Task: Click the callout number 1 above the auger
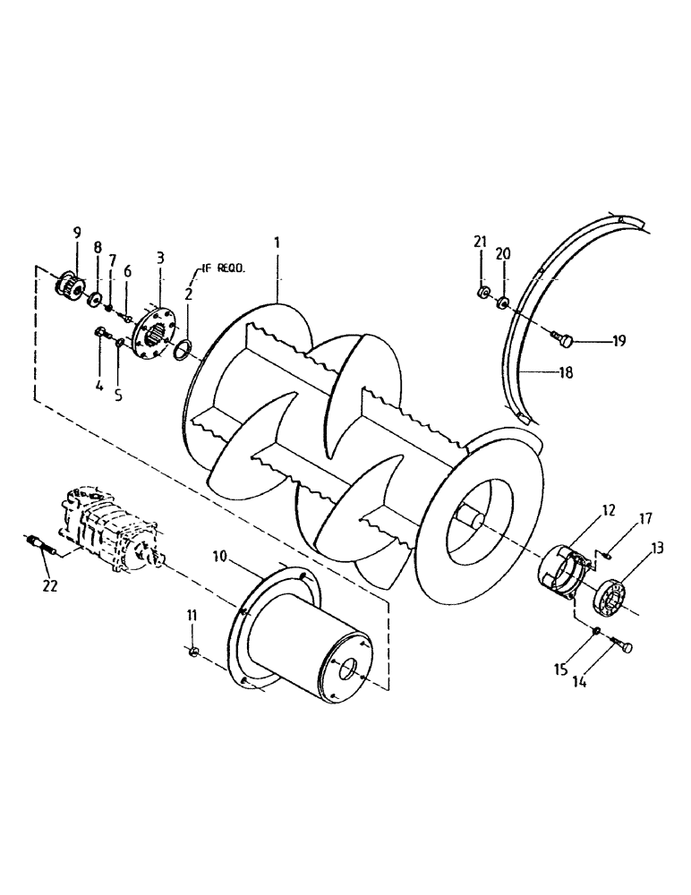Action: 277,243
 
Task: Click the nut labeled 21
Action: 482,294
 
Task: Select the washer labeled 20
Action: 503,303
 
